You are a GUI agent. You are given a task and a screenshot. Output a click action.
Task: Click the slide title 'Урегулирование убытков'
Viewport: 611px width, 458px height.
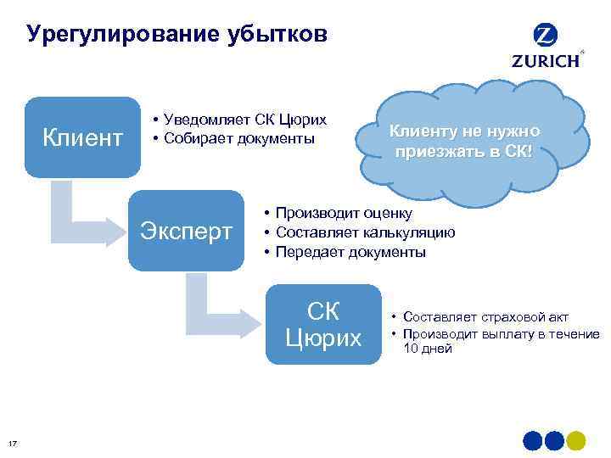(x=176, y=35)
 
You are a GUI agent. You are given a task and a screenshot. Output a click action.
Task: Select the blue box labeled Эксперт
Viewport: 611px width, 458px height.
(x=186, y=232)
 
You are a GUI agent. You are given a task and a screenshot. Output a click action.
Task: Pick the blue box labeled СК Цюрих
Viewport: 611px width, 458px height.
(x=323, y=325)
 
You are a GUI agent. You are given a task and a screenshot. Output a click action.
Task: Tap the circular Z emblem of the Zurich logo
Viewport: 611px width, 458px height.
(x=546, y=36)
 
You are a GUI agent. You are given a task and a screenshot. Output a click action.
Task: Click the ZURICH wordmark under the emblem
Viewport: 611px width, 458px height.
(x=546, y=60)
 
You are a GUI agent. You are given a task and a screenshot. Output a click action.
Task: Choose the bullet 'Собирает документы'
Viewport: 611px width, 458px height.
(x=233, y=137)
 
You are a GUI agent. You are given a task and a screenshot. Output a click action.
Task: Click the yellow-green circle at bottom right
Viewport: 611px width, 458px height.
(x=576, y=441)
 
